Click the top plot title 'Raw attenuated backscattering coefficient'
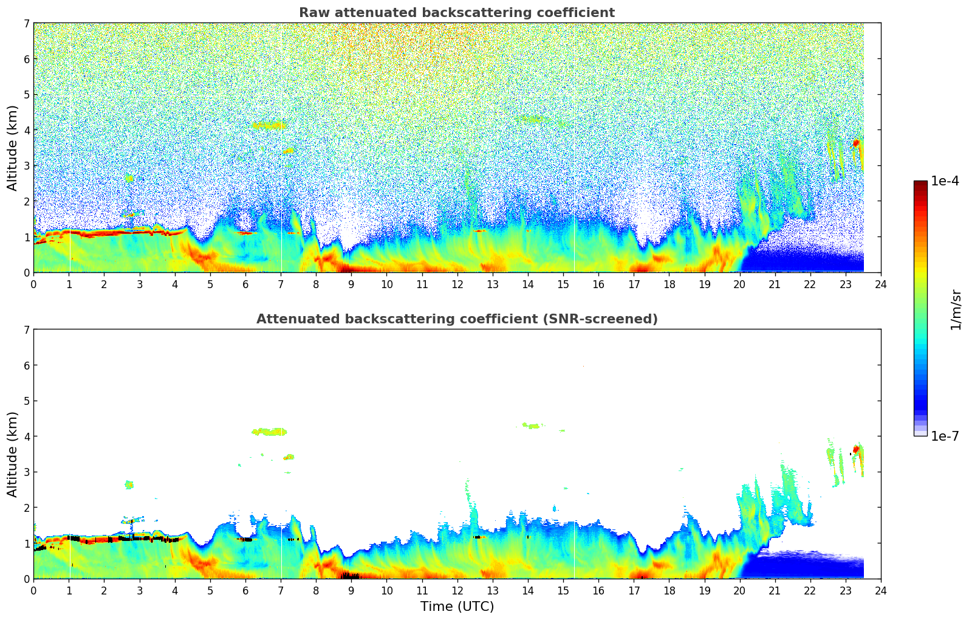(457, 13)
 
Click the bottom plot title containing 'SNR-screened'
(457, 319)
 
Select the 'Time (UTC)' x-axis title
(457, 607)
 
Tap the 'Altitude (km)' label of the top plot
(13, 148)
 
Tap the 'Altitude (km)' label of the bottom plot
(13, 454)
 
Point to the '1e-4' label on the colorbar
(945, 181)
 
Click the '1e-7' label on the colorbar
(945, 436)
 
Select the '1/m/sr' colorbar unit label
(956, 309)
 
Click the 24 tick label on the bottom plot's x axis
(881, 591)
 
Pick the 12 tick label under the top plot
(457, 284)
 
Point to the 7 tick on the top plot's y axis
(27, 23)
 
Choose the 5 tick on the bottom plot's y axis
(27, 401)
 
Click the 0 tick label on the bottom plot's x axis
(33, 591)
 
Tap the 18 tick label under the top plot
(669, 284)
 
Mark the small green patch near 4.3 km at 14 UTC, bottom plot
(532, 425)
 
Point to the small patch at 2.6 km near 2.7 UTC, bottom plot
(129, 484)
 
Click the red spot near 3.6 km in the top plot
(856, 143)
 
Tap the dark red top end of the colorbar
(920, 184)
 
